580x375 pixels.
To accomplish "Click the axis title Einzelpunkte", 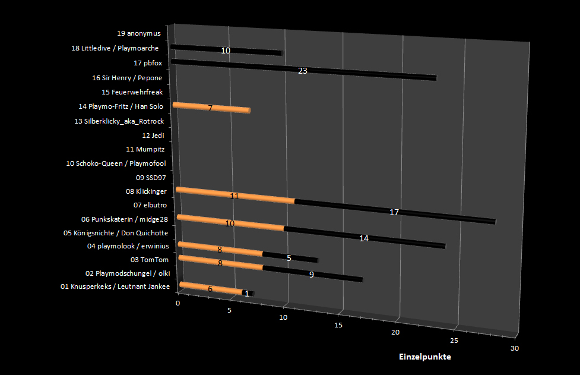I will [424, 357].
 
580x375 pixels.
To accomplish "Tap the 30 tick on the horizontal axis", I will [514, 348].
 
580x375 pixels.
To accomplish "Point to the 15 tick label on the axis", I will [338, 325].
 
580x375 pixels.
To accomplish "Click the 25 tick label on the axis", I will [454, 340].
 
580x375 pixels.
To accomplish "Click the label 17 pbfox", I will [148, 63].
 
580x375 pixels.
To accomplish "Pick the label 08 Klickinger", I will [146, 191].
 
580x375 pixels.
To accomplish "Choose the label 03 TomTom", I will [150, 260].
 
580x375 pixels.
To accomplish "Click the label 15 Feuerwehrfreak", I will [132, 92].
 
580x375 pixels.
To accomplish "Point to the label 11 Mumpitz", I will [145, 149].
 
